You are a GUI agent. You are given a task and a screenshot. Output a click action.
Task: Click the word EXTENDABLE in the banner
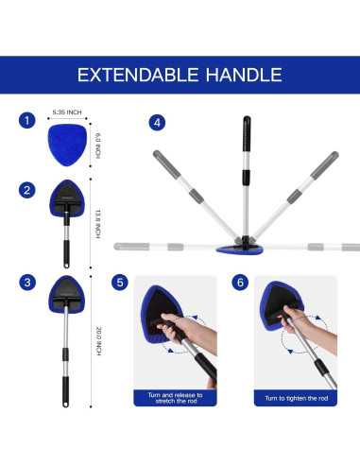(138, 75)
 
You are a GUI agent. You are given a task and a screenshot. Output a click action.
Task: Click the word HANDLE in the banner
(244, 75)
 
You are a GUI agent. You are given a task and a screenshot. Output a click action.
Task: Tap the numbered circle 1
(27, 120)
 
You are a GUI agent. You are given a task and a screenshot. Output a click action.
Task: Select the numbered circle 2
(27, 190)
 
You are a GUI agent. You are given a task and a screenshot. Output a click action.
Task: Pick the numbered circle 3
(27, 282)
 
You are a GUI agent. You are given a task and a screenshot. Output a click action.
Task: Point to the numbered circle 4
(157, 122)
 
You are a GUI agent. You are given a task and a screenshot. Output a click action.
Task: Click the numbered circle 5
(120, 283)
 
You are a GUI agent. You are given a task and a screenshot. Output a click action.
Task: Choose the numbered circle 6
(240, 283)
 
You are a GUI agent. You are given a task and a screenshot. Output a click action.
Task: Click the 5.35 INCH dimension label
(67, 112)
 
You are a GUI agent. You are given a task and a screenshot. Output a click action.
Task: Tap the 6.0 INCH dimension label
(98, 146)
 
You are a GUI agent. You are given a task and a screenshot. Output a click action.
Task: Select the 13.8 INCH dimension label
(97, 224)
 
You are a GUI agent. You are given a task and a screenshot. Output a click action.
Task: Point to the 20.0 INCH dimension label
(98, 341)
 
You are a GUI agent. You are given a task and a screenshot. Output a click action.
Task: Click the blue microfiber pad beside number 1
(67, 145)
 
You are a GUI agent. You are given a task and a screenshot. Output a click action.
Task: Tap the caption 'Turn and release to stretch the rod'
(175, 398)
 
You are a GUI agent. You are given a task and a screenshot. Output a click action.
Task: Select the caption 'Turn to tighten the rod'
(296, 398)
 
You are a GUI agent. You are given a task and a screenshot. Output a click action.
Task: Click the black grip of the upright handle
(247, 133)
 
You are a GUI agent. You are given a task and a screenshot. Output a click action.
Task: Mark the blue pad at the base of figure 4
(240, 250)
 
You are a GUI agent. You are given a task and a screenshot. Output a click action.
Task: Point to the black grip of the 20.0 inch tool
(65, 391)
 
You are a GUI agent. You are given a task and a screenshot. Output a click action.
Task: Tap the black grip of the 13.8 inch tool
(66, 254)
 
